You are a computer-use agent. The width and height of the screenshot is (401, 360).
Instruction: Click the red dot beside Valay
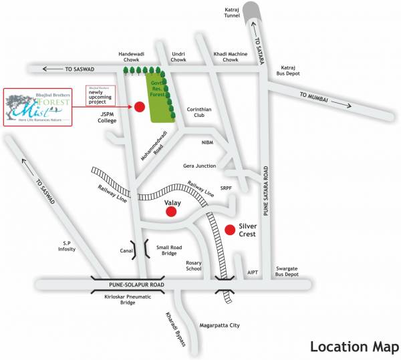click(x=171, y=212)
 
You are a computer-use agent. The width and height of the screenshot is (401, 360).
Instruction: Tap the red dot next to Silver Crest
click(x=229, y=230)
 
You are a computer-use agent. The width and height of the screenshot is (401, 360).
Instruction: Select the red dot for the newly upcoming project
click(x=140, y=106)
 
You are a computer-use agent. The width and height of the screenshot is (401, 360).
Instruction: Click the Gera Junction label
click(x=198, y=166)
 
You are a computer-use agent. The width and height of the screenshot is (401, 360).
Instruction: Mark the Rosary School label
click(x=193, y=266)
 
